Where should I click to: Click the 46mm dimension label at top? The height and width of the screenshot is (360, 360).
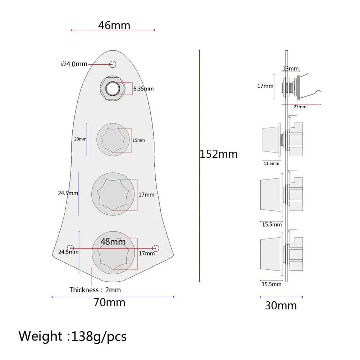[x=114, y=25]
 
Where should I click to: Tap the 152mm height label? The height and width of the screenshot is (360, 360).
[x=219, y=154]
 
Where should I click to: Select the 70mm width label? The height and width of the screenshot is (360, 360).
[x=109, y=302]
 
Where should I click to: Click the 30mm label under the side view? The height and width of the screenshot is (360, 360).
[x=281, y=305]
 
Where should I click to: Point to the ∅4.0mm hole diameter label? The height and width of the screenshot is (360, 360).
[x=74, y=64]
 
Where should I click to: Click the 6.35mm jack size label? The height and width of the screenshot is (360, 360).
[x=143, y=88]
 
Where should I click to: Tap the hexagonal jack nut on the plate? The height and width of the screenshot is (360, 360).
[x=113, y=87]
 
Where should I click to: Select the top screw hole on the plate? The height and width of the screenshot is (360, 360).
[x=113, y=64]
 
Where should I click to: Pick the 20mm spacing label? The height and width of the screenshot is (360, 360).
[x=80, y=139]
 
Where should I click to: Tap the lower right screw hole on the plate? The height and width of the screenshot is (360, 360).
[x=155, y=248]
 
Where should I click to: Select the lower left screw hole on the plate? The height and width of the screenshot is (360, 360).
[x=71, y=248]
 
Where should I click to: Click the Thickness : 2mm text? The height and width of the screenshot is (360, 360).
[x=95, y=290]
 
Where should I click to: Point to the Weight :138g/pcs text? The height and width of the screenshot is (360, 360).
[x=73, y=336]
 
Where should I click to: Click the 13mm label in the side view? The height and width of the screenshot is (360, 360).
[x=290, y=69]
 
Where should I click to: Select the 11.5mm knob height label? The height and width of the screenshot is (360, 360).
[x=271, y=163]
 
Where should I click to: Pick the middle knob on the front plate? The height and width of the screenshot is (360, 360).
[x=114, y=194]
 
